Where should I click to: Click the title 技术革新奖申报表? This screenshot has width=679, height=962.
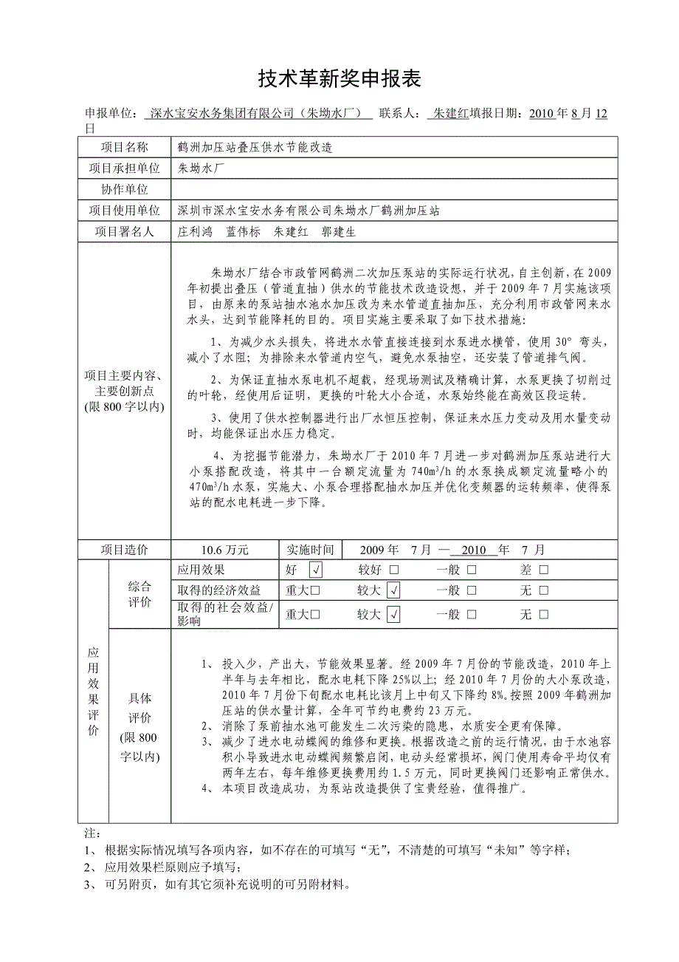339,78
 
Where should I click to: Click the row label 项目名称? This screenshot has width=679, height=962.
124,147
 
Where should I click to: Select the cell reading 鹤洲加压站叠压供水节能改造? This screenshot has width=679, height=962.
255,147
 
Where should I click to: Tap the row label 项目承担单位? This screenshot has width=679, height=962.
124,168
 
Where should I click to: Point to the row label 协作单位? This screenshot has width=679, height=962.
124,189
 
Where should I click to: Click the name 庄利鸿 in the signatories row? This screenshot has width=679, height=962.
195,231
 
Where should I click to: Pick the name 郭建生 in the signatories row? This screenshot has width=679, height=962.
339,231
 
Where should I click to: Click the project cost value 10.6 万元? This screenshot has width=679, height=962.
225,550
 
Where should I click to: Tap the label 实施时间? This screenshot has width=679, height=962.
311,550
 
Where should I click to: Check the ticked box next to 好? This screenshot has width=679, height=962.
316,570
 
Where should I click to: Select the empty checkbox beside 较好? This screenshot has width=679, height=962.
393,570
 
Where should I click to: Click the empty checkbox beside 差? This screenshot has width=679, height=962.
544,570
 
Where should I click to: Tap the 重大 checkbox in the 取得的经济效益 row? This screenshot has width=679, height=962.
315,590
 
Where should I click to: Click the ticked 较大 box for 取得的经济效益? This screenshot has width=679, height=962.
393,590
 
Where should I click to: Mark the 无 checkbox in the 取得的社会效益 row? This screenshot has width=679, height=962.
544,614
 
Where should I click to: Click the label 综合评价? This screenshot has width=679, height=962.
139,594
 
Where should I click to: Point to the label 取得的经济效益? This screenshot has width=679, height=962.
219,590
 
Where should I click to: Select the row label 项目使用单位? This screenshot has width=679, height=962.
124,211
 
